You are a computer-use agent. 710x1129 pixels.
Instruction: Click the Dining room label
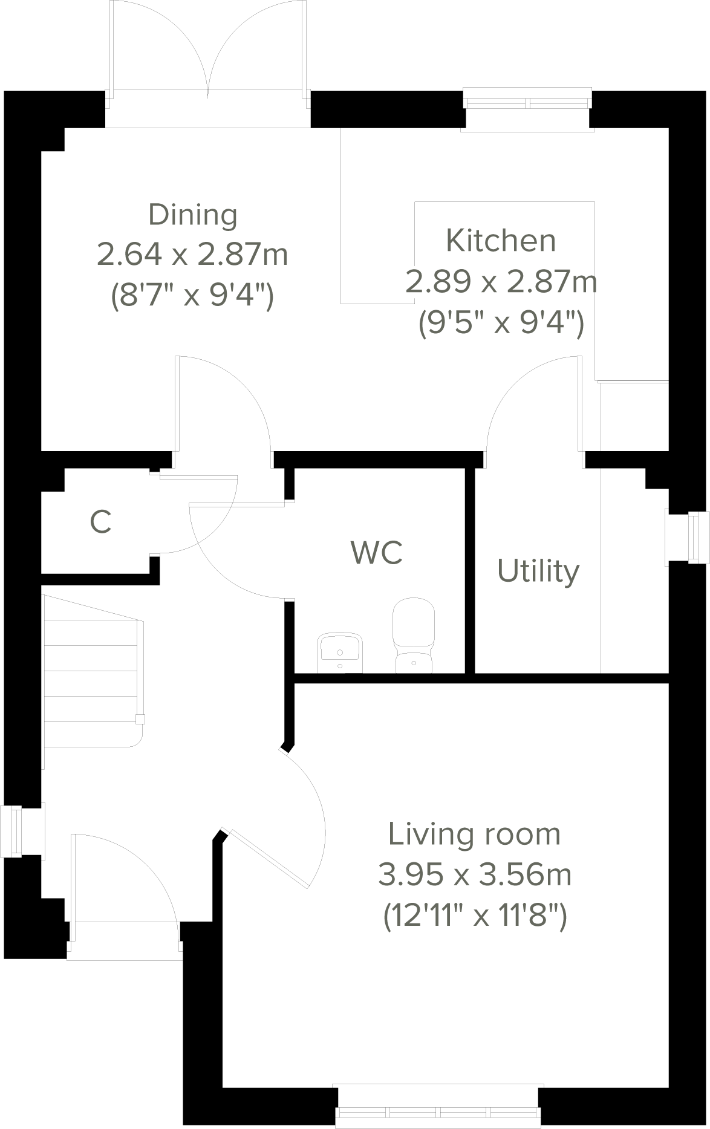193,215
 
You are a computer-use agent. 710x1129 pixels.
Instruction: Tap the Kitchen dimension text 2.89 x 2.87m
501,281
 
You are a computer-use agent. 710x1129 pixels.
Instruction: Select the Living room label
474,834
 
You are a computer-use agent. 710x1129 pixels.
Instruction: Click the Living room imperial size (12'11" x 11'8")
475,915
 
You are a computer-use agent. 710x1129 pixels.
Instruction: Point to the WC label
377,552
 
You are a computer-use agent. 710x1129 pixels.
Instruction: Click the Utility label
538,571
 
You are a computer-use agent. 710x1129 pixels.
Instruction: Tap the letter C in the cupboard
101,522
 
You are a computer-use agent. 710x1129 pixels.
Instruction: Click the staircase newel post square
140,719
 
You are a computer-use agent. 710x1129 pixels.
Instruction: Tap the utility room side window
688,538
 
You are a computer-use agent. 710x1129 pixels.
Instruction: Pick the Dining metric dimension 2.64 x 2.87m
192,255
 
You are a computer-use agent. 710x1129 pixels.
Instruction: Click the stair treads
91,671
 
